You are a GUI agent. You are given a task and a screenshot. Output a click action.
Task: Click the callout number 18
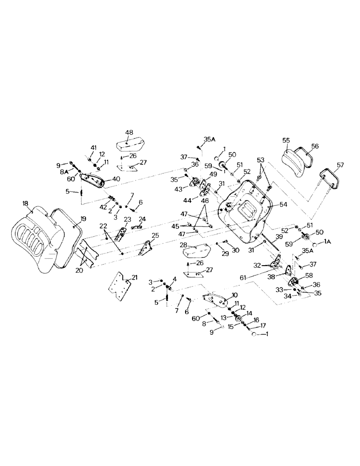tap(25, 204)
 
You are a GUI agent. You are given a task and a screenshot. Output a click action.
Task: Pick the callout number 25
tap(155, 236)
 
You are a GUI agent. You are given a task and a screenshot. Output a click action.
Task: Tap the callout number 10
tap(234, 295)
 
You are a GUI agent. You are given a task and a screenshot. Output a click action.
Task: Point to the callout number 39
tap(279, 237)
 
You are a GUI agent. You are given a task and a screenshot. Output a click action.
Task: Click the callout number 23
tap(127, 219)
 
